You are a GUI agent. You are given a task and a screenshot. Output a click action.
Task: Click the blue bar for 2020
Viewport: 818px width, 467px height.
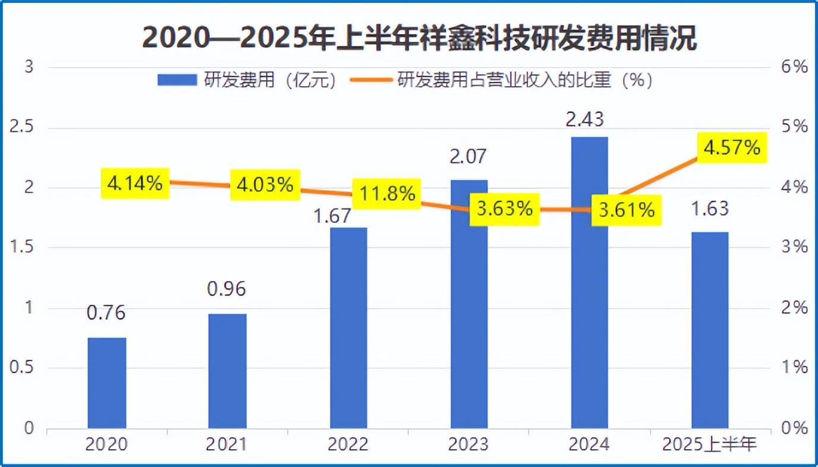click(x=107, y=383)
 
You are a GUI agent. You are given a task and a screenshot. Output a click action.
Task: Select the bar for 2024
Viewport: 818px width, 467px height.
click(x=590, y=283)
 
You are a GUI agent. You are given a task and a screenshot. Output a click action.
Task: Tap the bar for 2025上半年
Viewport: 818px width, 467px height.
click(x=710, y=330)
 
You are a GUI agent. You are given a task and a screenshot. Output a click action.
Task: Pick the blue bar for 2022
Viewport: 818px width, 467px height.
click(x=348, y=328)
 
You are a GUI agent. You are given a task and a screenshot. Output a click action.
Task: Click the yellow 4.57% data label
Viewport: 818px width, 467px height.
click(x=731, y=147)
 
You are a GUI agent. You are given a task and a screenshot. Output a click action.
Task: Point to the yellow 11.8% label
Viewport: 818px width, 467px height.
click(x=386, y=194)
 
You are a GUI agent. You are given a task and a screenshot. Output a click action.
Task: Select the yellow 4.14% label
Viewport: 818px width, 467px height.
click(x=135, y=184)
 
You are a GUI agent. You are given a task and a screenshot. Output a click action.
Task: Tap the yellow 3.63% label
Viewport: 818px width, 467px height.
click(x=505, y=209)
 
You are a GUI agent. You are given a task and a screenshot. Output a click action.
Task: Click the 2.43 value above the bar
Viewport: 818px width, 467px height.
click(x=585, y=119)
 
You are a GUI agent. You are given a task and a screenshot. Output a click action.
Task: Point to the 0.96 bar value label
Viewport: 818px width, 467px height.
click(x=226, y=289)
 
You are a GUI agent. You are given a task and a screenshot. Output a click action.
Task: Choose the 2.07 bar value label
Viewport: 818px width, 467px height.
click(x=468, y=156)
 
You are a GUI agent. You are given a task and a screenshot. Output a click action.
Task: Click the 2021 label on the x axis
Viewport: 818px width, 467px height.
click(x=226, y=444)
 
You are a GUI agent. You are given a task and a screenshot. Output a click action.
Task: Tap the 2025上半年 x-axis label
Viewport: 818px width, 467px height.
click(x=709, y=444)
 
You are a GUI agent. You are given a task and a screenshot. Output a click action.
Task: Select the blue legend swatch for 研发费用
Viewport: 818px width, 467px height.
click(x=177, y=81)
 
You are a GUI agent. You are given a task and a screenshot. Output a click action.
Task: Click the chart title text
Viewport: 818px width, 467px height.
click(x=419, y=39)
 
